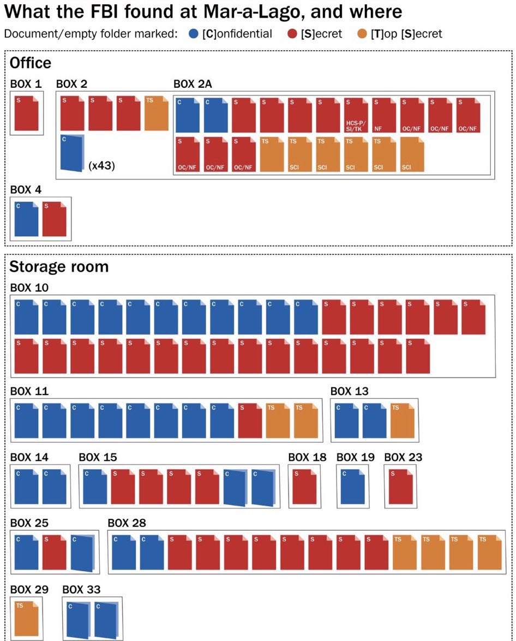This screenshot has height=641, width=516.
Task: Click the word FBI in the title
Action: click(99, 11)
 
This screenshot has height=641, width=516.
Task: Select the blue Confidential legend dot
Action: click(194, 33)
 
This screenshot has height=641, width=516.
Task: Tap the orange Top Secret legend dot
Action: click(362, 33)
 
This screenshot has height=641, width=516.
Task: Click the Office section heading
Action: click(30, 63)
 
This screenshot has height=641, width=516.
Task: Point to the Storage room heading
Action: click(59, 267)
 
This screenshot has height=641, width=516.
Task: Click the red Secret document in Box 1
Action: click(27, 113)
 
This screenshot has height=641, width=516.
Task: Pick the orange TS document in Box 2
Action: click(157, 113)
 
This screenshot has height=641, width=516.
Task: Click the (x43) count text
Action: click(102, 165)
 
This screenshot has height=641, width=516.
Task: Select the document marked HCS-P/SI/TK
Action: click(356, 115)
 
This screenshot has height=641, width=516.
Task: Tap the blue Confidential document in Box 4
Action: click(27, 219)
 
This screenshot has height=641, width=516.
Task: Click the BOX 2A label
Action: click(193, 84)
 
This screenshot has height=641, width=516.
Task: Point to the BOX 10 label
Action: click(29, 288)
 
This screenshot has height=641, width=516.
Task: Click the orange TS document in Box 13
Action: click(403, 421)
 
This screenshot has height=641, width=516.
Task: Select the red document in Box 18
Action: click(305, 487)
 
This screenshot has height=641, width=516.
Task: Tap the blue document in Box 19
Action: click(353, 487)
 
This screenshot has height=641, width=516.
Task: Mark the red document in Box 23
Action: click(401, 487)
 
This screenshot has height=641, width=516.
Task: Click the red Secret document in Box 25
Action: click(55, 552)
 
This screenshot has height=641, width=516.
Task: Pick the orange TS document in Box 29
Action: click(27, 619)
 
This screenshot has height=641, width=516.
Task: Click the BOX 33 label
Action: click(81, 590)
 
